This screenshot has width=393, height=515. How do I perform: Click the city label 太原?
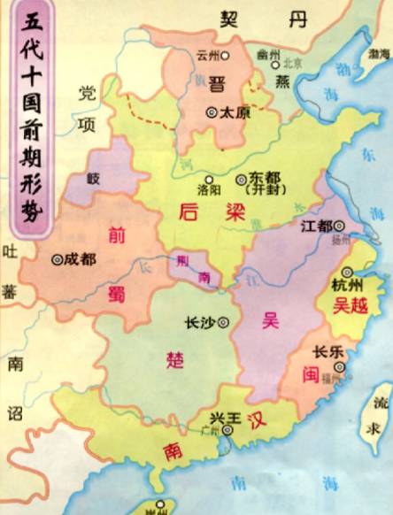click(x=234, y=113)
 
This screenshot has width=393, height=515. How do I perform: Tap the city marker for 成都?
click(x=58, y=260)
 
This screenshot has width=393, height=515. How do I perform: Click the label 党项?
click(x=87, y=105)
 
